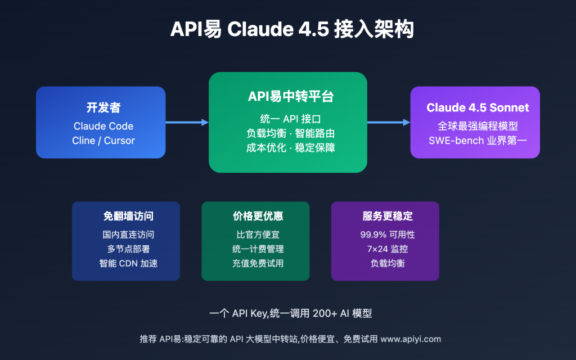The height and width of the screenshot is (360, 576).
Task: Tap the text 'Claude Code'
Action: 103,126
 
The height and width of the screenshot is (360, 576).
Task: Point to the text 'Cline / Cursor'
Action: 103,141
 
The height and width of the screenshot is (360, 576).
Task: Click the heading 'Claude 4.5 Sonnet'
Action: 477,107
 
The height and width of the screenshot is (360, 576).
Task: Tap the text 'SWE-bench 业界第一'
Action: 477,141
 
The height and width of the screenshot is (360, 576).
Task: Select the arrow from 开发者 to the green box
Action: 187,122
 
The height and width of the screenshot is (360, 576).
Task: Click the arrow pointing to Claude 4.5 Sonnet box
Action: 388,122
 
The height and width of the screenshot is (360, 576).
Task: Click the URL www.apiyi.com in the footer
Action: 411,339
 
